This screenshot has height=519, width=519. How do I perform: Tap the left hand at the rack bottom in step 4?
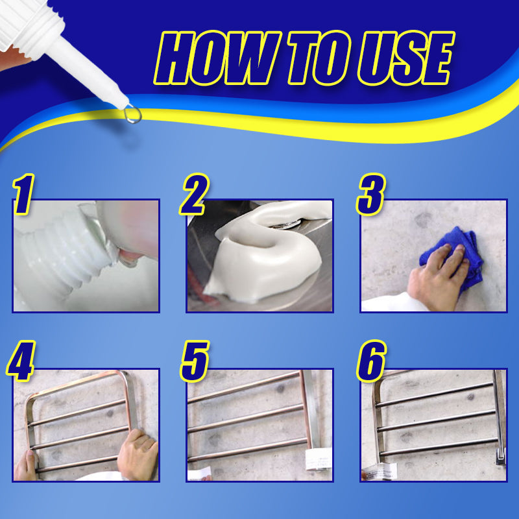click(26, 466)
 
